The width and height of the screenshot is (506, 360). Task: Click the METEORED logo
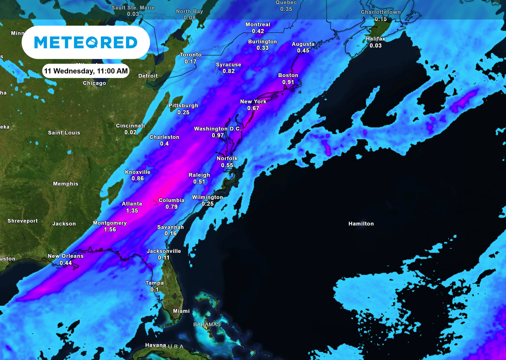86,42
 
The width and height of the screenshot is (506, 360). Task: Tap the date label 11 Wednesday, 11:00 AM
85,71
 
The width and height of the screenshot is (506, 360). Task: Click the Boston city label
288,75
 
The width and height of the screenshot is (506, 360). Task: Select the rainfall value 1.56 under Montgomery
110,229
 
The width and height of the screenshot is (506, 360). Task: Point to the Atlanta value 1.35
132,211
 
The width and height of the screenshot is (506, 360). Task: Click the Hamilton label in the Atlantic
361,224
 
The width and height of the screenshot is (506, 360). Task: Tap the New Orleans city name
66,256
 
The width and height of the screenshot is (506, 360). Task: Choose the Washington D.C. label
217,129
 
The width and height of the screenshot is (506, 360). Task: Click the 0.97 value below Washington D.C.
218,135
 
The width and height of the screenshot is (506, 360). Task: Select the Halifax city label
376,39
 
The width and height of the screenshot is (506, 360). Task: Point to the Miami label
181,311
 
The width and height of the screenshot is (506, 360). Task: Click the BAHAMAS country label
207,324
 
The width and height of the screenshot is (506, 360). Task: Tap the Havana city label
155,345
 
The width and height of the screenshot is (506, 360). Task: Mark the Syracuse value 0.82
228,71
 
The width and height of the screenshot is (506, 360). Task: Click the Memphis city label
66,184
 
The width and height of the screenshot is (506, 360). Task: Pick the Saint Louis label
64,133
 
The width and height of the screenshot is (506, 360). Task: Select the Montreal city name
258,25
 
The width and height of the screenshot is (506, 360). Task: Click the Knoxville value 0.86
138,179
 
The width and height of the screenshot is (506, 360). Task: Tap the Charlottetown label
381,12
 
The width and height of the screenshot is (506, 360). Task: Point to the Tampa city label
155,283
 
